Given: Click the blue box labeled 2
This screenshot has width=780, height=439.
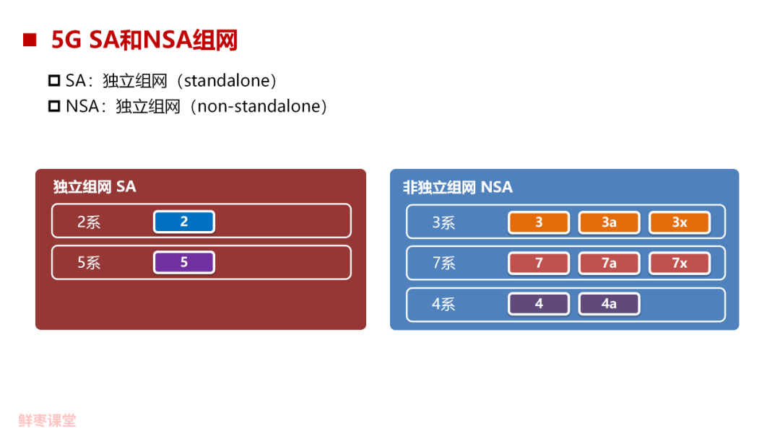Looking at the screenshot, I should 183,222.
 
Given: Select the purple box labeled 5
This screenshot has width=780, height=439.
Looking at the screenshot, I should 183,262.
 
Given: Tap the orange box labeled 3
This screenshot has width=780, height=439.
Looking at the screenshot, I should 539,222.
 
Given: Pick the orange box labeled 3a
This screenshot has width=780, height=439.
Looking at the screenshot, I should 609,222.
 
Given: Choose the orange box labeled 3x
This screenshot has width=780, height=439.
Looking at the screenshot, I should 680,222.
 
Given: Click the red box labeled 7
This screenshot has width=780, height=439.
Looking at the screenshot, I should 539,263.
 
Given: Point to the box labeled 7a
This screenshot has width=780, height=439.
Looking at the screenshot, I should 609,263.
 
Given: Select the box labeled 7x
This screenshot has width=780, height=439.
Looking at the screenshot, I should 680,263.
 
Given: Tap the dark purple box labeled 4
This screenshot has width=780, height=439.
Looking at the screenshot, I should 539,304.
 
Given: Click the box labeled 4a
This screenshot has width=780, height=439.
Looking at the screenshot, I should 609,304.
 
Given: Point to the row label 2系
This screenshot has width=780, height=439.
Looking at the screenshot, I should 89,222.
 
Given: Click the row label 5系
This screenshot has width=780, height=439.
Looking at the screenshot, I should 89,263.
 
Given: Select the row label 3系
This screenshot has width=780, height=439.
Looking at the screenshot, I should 443,222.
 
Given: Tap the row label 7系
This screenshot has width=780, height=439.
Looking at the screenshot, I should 443,263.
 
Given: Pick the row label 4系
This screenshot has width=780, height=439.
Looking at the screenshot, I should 443,304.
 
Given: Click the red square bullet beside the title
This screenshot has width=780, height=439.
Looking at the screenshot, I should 30,40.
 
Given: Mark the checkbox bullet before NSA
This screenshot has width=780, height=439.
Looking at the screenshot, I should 54,107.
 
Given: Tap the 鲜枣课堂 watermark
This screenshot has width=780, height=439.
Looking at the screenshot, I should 48,420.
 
